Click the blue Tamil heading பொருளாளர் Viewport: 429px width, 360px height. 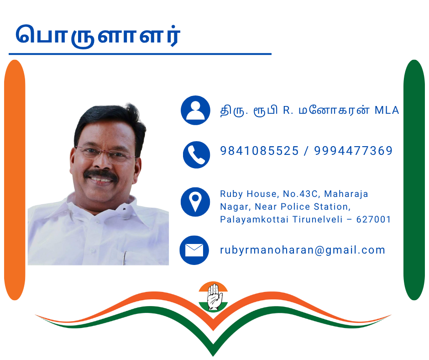click(x=98, y=36)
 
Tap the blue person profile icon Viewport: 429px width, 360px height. click(x=195, y=110)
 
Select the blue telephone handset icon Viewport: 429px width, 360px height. click(x=196, y=154)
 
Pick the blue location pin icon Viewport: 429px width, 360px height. click(x=195, y=202)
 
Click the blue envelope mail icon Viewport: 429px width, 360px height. click(x=194, y=250)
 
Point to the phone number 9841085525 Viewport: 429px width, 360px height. click(x=259, y=151)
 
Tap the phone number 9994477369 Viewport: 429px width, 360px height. click(x=353, y=151)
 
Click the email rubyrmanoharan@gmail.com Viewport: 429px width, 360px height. click(x=303, y=250)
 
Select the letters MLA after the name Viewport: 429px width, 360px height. click(x=387, y=110)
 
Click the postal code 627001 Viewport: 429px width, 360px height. click(x=373, y=219)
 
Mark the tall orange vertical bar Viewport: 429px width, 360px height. click(x=15, y=180)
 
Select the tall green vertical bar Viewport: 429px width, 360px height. click(x=414, y=180)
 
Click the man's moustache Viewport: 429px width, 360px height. click(x=101, y=174)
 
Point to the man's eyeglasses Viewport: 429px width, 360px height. click(x=105, y=154)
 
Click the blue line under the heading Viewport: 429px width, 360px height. click(x=140, y=54)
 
